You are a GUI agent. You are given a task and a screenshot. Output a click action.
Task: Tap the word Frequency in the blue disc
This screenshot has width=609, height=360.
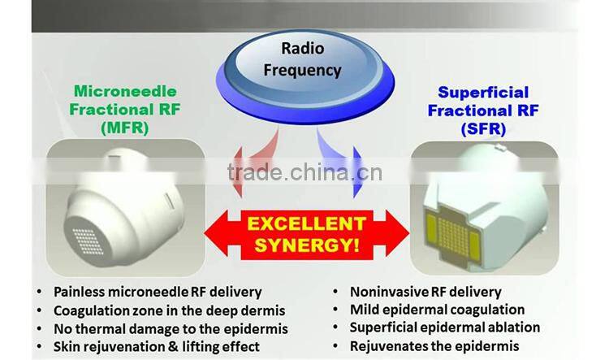[x=303, y=70]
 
